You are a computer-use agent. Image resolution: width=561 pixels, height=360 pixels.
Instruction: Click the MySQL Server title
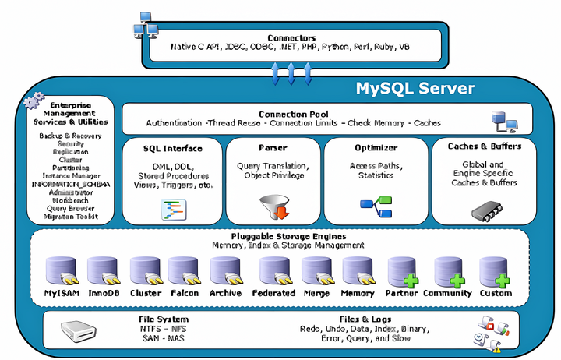(x=415, y=87)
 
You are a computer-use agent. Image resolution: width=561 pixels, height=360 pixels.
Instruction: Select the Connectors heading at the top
(x=291, y=37)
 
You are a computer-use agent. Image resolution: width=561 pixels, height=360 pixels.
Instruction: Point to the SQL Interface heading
(x=172, y=147)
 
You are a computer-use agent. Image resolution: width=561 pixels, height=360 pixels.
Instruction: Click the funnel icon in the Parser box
(x=273, y=207)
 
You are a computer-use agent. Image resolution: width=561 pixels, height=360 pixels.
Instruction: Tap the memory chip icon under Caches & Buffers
(x=484, y=208)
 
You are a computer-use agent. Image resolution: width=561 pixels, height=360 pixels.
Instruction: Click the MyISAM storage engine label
(x=62, y=293)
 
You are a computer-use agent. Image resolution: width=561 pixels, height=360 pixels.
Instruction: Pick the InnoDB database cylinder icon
(x=103, y=272)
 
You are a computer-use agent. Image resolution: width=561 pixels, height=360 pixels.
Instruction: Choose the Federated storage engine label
(x=273, y=293)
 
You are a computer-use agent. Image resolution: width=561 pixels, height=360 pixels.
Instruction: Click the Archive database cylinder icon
(x=224, y=272)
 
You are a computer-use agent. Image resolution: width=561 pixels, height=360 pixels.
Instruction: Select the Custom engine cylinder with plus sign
(x=495, y=272)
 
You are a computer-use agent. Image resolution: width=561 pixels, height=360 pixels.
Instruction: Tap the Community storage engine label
(x=447, y=293)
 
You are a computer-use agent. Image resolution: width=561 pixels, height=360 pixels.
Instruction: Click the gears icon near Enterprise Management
(x=34, y=101)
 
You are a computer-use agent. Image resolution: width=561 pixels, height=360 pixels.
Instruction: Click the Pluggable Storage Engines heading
(x=288, y=236)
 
